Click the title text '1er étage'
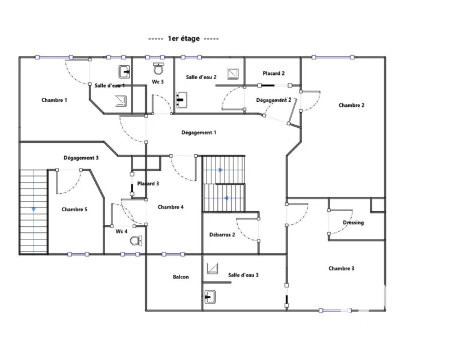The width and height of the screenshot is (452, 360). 184,38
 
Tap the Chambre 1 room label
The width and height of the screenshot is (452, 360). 54,100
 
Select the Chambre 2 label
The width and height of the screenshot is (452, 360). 351,105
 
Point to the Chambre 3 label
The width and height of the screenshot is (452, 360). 342,268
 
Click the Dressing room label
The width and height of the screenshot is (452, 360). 354,223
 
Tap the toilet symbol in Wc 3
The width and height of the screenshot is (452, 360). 158,68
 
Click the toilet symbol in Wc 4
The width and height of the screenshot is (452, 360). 136,241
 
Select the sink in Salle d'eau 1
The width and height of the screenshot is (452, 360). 124,71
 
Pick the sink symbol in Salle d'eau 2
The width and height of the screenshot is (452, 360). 182,100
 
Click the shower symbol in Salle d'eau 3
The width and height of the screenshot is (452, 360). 212,268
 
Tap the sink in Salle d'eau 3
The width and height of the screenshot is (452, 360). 210,297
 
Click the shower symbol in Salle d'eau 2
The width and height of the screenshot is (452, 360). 233,74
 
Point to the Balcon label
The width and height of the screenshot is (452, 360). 181,277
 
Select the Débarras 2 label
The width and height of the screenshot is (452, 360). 222,235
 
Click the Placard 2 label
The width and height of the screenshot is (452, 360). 274,73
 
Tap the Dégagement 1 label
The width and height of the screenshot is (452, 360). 199,133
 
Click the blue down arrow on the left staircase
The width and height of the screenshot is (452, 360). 34,209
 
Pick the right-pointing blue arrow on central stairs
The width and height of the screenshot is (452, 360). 221,170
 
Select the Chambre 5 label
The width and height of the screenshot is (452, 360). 74,209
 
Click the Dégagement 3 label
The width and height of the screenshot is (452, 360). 81,158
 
